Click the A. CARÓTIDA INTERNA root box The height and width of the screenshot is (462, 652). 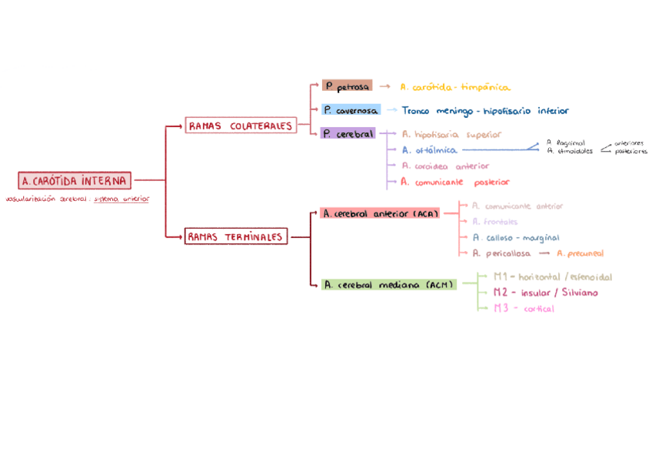coord(75,181)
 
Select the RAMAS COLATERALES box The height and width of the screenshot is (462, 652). coord(241,126)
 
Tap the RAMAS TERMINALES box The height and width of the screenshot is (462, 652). coord(235,237)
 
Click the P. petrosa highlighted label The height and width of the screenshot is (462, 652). coord(347,86)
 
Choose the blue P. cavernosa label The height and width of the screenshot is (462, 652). coord(351,110)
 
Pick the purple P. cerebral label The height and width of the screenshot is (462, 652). coord(348,134)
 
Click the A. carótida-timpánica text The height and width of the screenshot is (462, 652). coord(455,87)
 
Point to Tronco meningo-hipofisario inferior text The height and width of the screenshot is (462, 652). coord(485,111)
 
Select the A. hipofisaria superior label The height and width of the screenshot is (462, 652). coord(451,134)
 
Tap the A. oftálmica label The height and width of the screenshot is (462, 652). coord(429,150)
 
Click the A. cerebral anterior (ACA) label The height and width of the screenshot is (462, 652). coord(380,213)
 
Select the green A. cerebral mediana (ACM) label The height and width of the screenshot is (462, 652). coord(388,285)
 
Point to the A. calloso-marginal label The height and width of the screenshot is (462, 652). coord(516,238)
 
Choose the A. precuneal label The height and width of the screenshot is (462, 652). coord(580,253)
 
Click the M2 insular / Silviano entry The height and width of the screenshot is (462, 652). coord(545,293)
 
